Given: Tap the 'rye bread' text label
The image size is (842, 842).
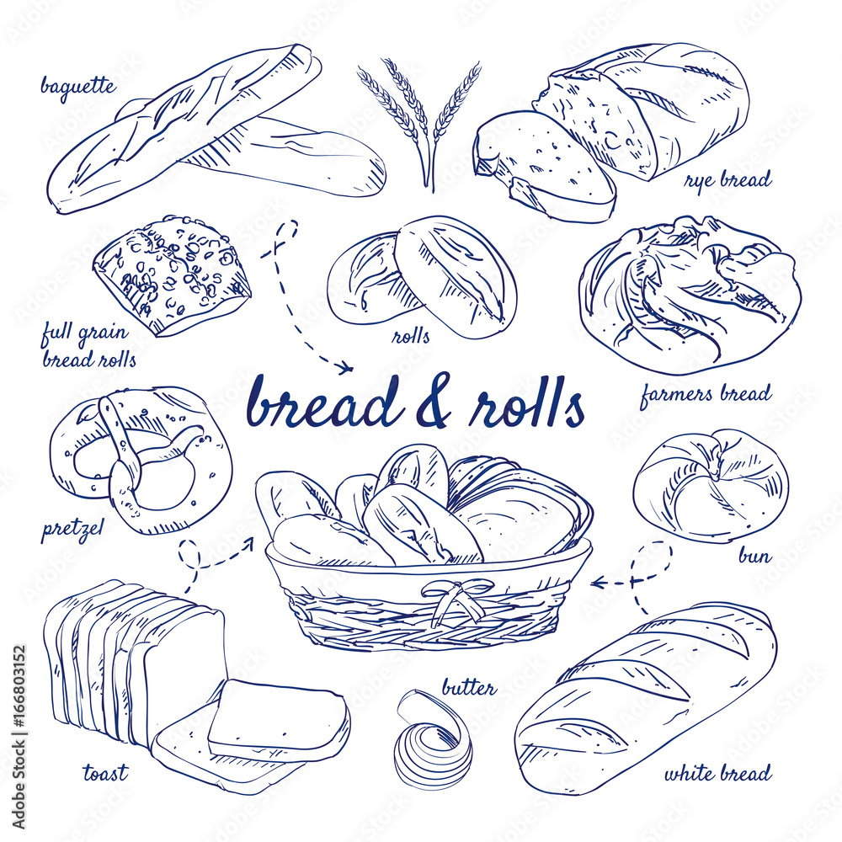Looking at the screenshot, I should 727,180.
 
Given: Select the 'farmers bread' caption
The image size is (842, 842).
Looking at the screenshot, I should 705,393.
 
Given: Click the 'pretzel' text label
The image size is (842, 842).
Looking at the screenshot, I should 72,530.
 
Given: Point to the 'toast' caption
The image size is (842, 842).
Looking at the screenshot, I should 105,771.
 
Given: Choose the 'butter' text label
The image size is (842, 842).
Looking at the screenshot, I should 468,688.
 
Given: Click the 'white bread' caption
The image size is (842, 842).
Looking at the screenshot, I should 717,773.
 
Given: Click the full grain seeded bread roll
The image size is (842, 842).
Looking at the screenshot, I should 173,274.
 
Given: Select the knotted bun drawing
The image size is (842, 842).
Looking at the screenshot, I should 711,484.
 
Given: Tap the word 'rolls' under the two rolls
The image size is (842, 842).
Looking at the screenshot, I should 411,337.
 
